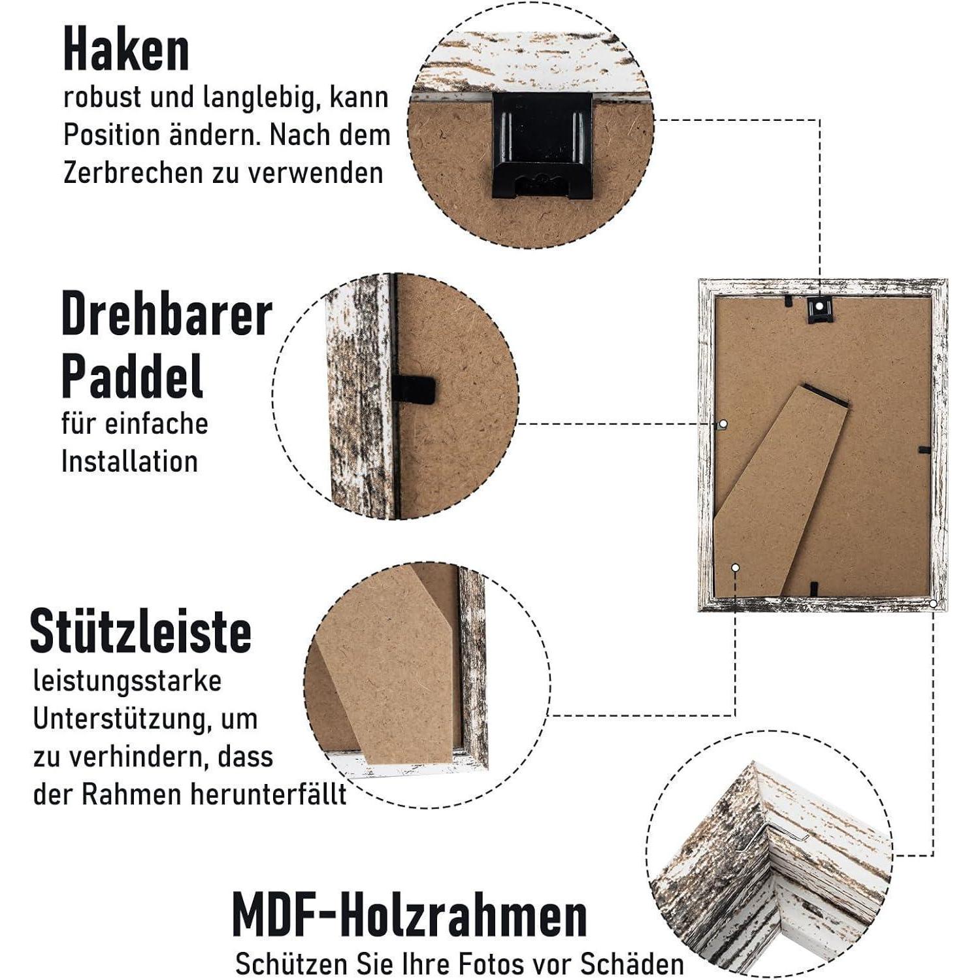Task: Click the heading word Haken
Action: (126, 50)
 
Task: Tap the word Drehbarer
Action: (167, 315)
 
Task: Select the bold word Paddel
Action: (132, 377)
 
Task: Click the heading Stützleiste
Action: (140, 630)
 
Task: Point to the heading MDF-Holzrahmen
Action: (410, 916)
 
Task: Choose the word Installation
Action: (129, 462)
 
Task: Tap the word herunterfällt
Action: (269, 795)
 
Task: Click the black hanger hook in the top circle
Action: (542, 146)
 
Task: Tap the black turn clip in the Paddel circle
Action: (414, 390)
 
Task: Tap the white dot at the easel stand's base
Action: (735, 568)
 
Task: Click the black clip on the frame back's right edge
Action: (924, 449)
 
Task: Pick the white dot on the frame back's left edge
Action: (723, 425)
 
